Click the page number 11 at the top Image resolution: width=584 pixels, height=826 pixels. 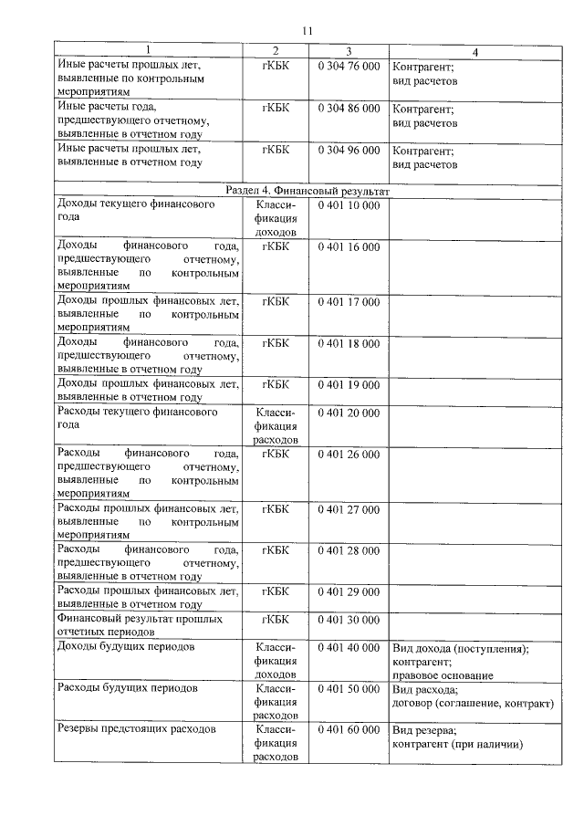(307, 31)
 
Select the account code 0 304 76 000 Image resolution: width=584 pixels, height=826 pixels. (349, 67)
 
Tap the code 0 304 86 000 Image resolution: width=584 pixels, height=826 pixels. (349, 108)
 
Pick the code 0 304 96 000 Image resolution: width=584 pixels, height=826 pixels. (349, 150)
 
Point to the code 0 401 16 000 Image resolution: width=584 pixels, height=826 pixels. (349, 246)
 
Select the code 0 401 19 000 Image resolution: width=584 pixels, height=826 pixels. (349, 384)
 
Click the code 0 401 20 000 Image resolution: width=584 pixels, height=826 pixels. (349, 413)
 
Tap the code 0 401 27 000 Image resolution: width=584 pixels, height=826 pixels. (349, 509)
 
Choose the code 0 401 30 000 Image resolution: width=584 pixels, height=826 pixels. (349, 620)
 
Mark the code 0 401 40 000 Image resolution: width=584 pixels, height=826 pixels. (349, 648)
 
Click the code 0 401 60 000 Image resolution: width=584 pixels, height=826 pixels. (349, 730)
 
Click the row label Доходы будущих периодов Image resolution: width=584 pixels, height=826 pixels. (127, 648)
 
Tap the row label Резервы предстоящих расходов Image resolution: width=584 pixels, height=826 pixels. (136, 730)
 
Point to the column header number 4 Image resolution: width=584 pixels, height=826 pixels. (474, 49)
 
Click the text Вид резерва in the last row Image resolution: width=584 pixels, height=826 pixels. (424, 731)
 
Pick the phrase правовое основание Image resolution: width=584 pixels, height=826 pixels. (443, 675)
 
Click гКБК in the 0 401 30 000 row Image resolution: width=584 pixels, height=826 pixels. (275, 620)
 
